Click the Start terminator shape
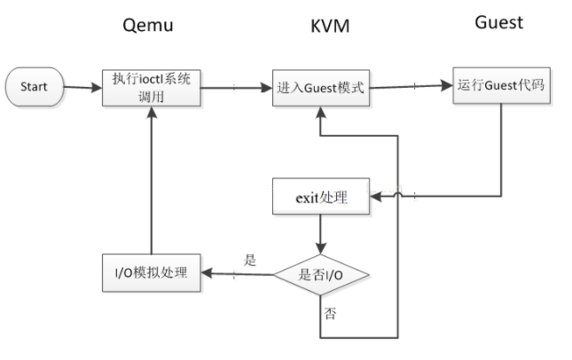35,87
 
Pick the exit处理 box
319,197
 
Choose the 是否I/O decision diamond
319,276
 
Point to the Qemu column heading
146,25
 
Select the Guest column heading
498,22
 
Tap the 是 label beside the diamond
250,262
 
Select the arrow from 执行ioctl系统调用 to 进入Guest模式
235,87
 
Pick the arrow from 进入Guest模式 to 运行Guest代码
412,87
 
